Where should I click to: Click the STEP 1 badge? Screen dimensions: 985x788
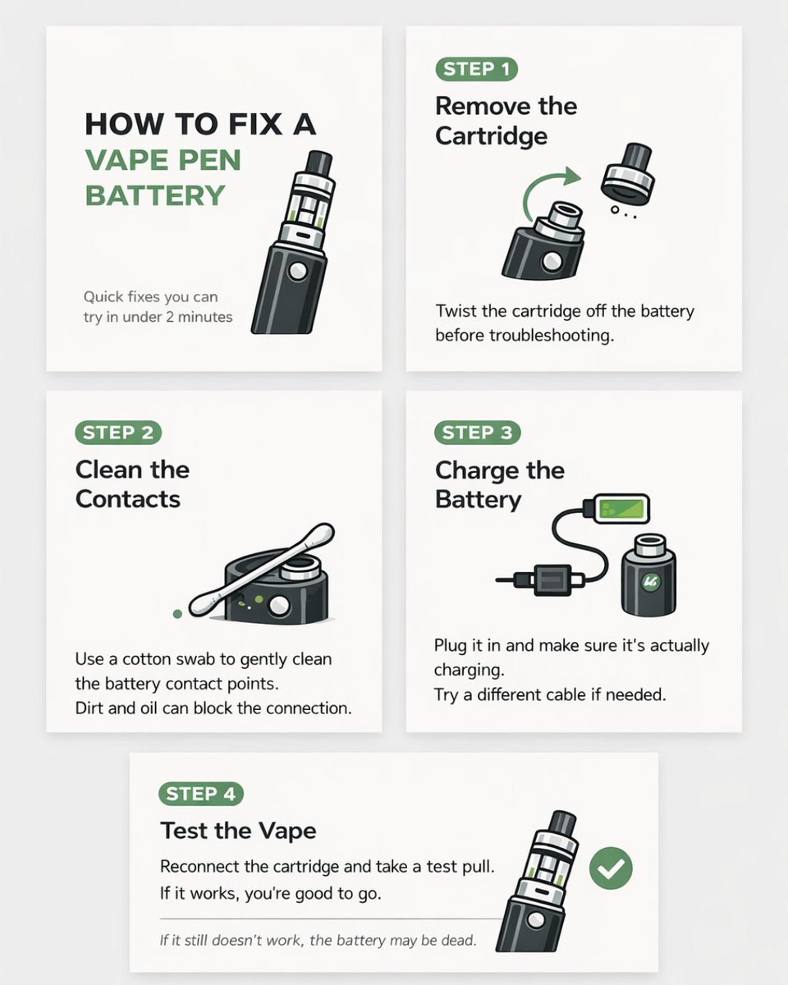(477, 69)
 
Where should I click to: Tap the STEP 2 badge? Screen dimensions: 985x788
(118, 433)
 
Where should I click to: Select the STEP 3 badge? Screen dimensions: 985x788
(478, 433)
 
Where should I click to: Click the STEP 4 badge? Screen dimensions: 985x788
(201, 794)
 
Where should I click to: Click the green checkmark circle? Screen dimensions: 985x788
(611, 868)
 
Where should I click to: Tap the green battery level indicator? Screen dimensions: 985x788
(621, 509)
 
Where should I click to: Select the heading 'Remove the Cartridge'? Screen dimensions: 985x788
(506, 121)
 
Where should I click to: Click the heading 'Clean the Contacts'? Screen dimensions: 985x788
(131, 484)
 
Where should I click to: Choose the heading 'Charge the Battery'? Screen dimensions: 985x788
(499, 484)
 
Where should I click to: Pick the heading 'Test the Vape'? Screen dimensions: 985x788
(238, 831)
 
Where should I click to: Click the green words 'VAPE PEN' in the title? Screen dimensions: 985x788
(163, 160)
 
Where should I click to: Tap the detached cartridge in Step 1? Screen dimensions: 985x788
(628, 173)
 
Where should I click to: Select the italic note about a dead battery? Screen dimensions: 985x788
(318, 940)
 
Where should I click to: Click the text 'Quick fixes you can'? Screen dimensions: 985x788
(150, 296)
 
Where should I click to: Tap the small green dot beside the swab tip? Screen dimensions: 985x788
(177, 613)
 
